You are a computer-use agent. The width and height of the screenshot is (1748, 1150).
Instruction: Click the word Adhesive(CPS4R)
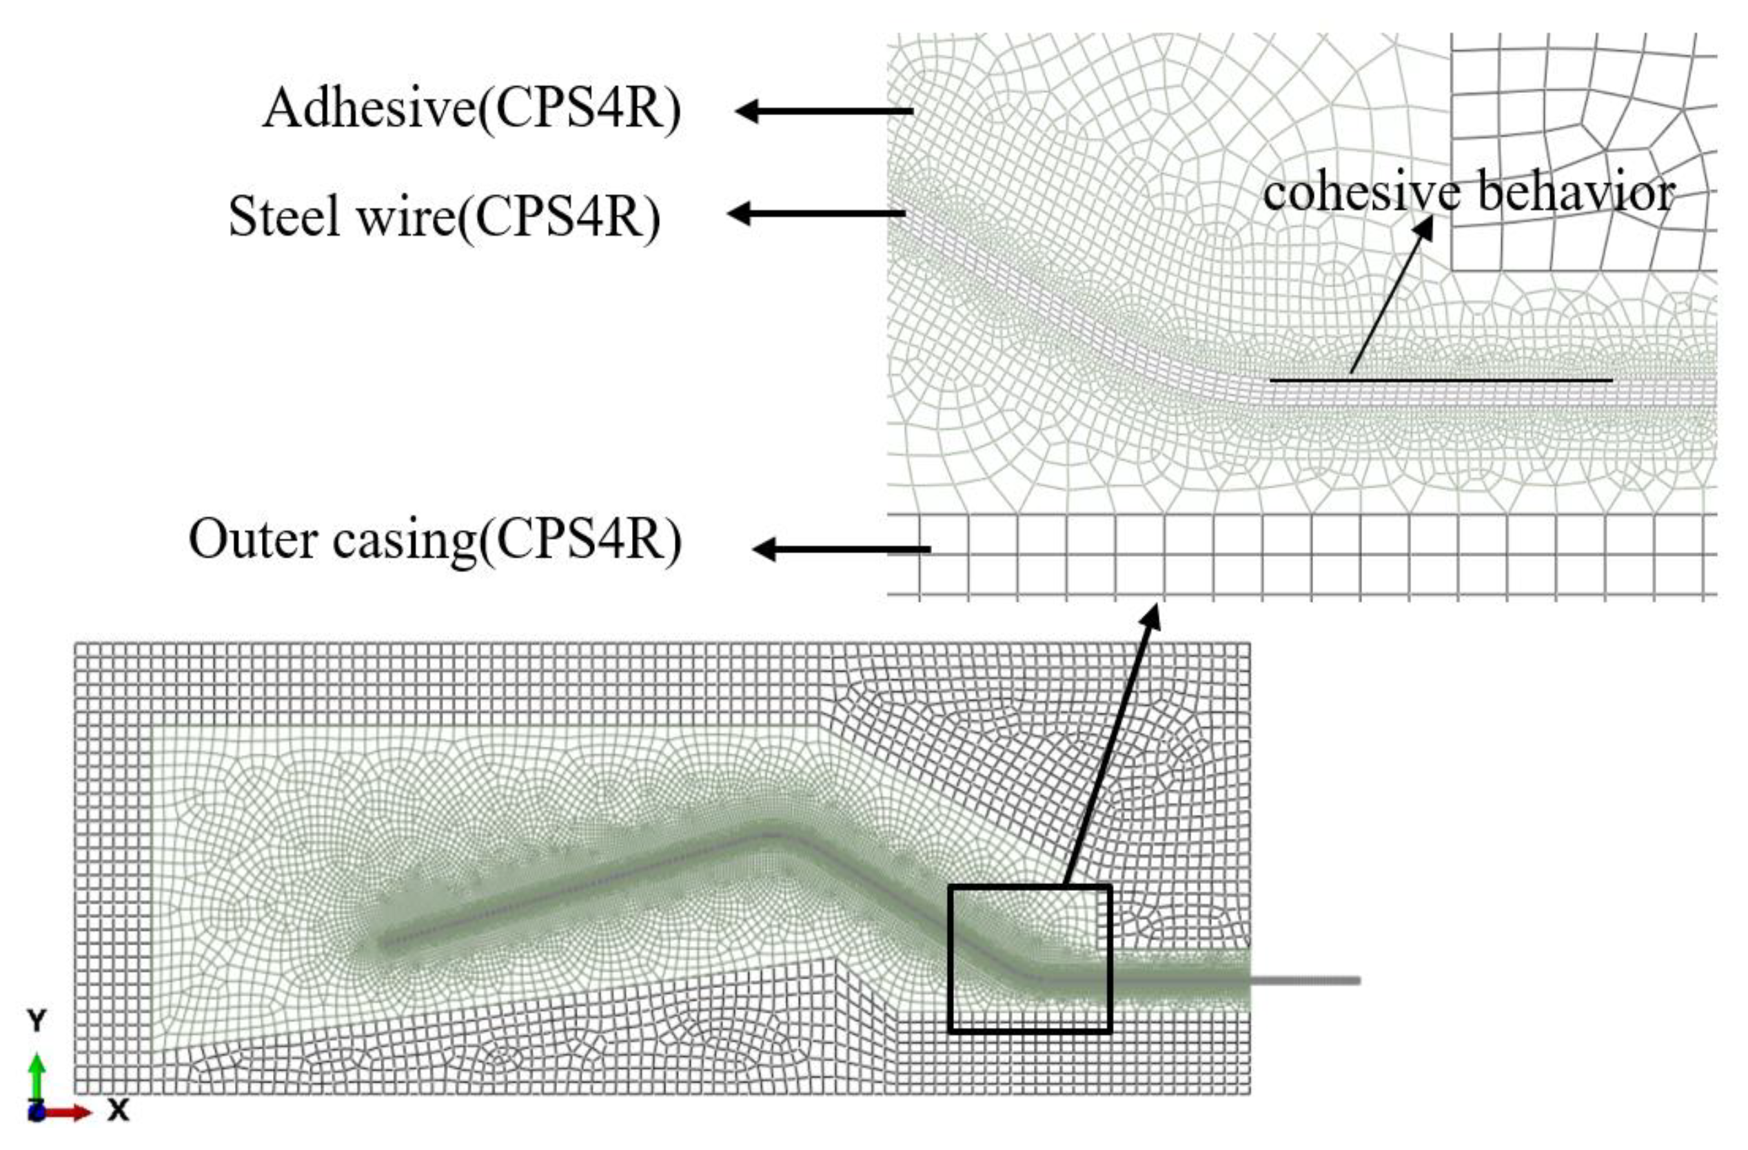(x=471, y=110)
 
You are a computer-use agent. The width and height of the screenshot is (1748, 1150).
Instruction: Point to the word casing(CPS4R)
(x=507, y=541)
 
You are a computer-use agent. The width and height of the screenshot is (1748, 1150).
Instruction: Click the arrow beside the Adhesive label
(x=822, y=112)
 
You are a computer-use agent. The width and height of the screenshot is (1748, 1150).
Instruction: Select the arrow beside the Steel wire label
(x=815, y=214)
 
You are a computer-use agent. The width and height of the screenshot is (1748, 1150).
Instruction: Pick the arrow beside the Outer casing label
(x=841, y=549)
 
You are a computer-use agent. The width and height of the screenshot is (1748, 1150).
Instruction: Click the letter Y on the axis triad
(x=36, y=1020)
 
